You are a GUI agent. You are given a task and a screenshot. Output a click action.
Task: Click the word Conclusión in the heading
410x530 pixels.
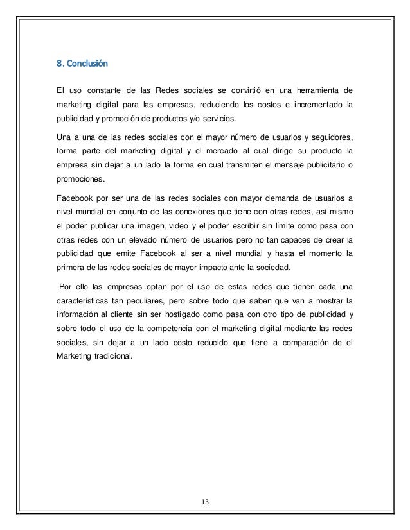tap(87, 64)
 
